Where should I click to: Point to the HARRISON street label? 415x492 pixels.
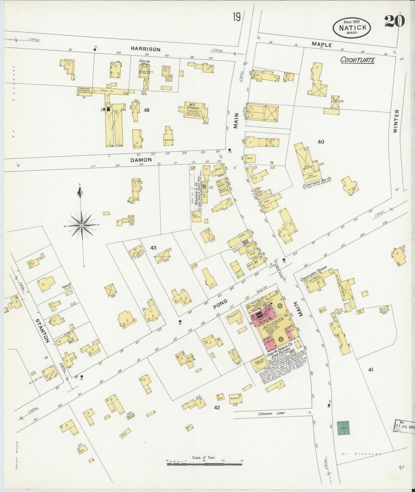point(145,49)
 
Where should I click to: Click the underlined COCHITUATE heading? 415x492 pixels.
point(358,60)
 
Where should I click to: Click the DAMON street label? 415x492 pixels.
point(141,160)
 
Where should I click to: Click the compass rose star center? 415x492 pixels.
point(82,226)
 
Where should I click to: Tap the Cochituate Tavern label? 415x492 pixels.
point(314,275)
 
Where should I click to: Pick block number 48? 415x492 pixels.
point(147,110)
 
